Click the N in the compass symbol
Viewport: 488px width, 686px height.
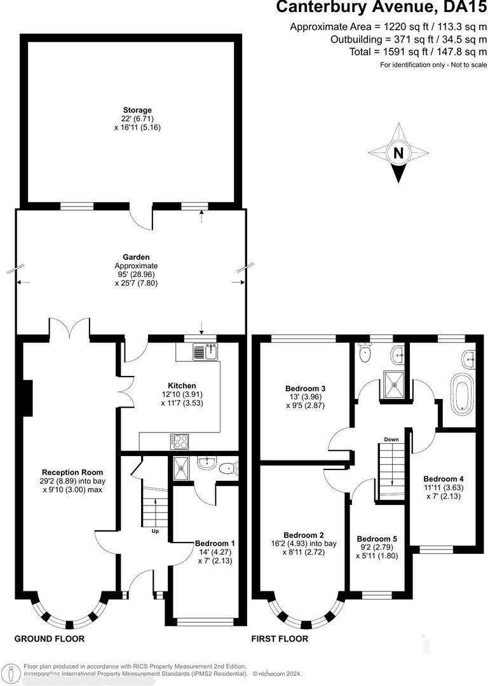click(398, 153)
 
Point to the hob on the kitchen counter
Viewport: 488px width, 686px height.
click(178, 440)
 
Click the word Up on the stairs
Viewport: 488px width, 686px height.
click(154, 531)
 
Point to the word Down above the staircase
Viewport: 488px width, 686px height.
click(391, 439)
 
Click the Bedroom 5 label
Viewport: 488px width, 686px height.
click(376, 537)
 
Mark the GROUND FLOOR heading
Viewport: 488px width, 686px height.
click(50, 639)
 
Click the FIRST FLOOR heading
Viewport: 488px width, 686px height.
click(280, 639)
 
